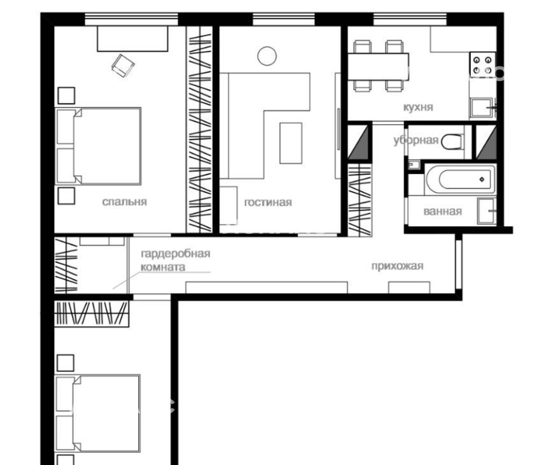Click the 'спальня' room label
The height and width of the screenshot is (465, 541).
coord(124,202)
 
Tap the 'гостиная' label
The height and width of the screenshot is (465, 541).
coord(268,202)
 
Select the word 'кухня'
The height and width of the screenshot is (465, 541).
coord(418,107)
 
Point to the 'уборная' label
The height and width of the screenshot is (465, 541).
coord(416,140)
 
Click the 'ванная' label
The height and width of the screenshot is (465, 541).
coord(443,211)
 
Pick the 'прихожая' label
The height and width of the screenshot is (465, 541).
coord(397,266)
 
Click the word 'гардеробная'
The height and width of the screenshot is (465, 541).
coord(176,254)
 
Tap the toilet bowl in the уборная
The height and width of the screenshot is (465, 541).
coord(452,142)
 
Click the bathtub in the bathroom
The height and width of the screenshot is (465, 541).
coord(460,179)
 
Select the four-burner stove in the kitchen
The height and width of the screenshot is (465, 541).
coord(482,64)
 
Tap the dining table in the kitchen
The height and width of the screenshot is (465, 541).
coord(378,67)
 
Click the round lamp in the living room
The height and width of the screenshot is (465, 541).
coord(267,56)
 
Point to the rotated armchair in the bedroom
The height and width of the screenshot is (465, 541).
coord(123,66)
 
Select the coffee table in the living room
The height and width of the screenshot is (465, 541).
coord(291,143)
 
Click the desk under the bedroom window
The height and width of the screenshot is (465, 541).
coord(133,39)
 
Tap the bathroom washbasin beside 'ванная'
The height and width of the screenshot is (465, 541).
coord(486,211)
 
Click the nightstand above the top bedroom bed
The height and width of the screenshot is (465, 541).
coord(66,96)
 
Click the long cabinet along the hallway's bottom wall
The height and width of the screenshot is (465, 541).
coord(267,287)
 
